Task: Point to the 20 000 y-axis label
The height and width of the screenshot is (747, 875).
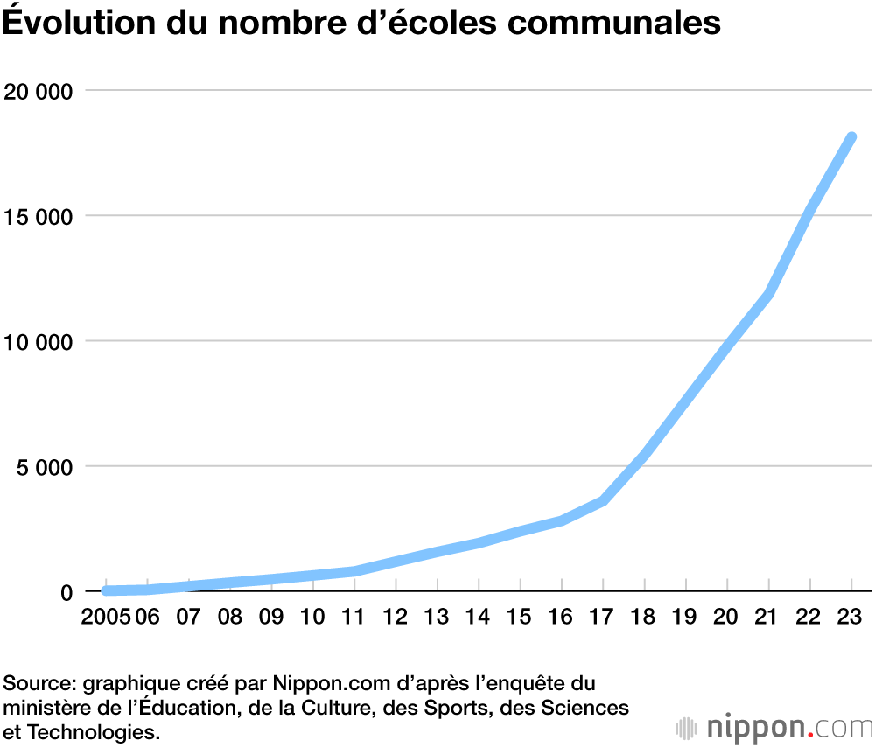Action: tap(38, 90)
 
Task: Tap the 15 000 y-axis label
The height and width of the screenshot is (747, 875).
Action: tap(38, 215)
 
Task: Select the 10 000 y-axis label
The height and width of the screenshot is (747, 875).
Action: tap(38, 340)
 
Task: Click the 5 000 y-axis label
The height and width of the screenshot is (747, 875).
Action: tap(44, 466)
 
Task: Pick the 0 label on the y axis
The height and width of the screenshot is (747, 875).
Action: tap(66, 591)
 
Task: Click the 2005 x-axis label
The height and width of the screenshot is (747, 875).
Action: tap(105, 618)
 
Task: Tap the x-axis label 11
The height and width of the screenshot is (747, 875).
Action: tap(353, 618)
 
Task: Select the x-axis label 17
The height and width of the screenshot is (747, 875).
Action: tap(603, 618)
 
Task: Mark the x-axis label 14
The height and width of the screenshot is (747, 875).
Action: tap(478, 618)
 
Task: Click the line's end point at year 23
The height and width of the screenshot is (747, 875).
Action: tap(850, 137)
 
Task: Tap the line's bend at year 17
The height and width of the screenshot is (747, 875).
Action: tap(603, 500)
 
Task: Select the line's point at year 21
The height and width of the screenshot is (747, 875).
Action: tap(768, 295)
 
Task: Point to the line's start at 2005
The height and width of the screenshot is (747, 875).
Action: tap(107, 591)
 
